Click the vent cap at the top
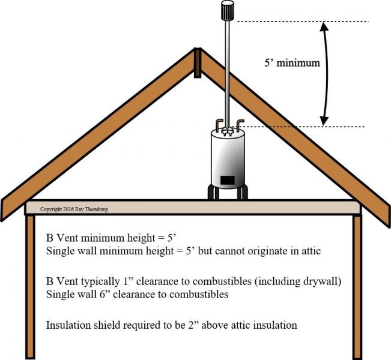point(228,10)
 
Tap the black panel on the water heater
point(228,180)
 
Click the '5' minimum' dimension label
point(292,62)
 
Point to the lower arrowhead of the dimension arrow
point(324,121)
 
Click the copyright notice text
point(74,209)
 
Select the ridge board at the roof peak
point(197,62)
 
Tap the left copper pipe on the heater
point(219,125)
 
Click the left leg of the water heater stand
point(213,192)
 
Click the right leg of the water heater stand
point(242,192)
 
